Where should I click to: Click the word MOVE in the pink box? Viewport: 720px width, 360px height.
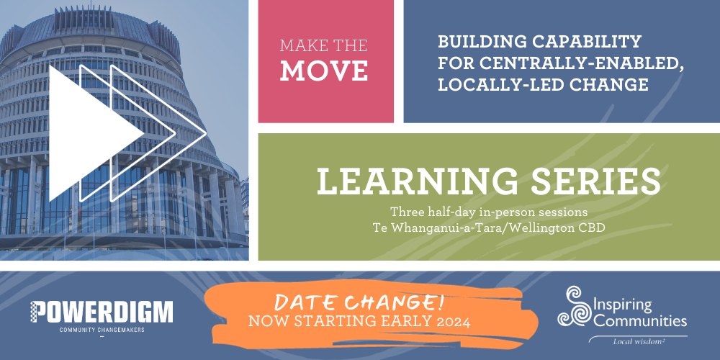pyautogui.click(x=324, y=71)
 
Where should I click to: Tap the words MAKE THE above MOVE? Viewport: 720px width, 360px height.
pyautogui.click(x=324, y=45)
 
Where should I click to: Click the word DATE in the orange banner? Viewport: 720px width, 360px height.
pyautogui.click(x=304, y=303)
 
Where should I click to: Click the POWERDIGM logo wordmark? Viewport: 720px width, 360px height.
pyautogui.click(x=102, y=312)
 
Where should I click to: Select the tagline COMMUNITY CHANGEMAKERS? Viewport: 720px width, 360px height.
pyautogui.click(x=102, y=330)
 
